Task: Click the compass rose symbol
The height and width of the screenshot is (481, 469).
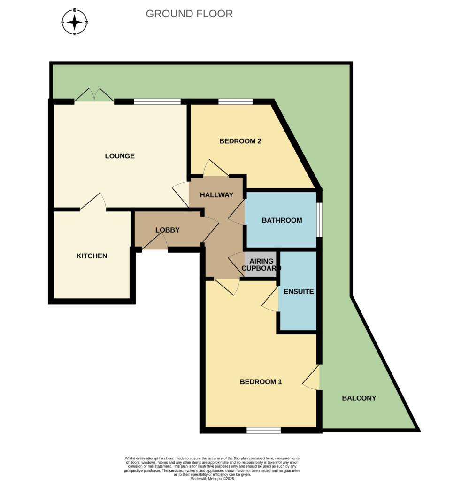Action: pyautogui.click(x=75, y=22)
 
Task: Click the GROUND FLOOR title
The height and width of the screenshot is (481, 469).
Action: pyautogui.click(x=189, y=14)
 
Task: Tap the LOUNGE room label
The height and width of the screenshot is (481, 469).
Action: pyautogui.click(x=120, y=156)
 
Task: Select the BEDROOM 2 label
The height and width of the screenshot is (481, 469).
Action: pyautogui.click(x=240, y=141)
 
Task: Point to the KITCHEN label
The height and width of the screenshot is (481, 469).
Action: pyautogui.click(x=92, y=256)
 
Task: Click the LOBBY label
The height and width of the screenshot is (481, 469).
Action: pyautogui.click(x=168, y=230)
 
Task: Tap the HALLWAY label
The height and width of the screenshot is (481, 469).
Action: pyautogui.click(x=216, y=195)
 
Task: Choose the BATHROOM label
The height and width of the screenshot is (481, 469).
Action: pyautogui.click(x=282, y=220)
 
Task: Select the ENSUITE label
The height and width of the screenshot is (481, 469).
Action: pyautogui.click(x=299, y=291)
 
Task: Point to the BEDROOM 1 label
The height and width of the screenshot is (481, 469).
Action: pyautogui.click(x=261, y=382)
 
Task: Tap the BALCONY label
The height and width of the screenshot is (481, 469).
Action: pyautogui.click(x=359, y=398)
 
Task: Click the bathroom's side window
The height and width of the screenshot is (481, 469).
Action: pyautogui.click(x=319, y=219)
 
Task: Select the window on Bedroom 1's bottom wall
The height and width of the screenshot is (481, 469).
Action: pyautogui.click(x=263, y=430)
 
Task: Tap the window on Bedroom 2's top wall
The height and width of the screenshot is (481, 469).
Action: pyautogui.click(x=235, y=101)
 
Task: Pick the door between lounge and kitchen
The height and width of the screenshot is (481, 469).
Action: pyautogui.click(x=93, y=203)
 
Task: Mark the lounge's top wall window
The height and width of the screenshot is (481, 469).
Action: pyautogui.click(x=157, y=101)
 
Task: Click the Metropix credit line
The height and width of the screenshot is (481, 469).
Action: pyautogui.click(x=212, y=479)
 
